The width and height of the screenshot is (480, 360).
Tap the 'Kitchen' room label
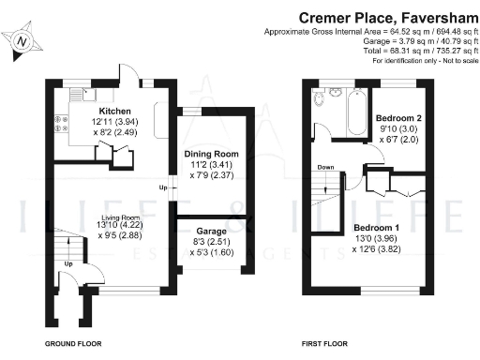101,110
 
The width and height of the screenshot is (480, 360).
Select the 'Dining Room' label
214,154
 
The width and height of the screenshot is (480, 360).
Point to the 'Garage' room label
212,230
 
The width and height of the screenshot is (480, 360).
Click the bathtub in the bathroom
357,112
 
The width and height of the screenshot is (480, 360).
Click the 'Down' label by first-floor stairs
325,168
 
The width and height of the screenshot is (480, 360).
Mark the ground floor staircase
64,249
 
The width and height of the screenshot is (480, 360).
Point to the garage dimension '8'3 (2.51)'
212,241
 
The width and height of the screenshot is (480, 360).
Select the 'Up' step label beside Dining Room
162,188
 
